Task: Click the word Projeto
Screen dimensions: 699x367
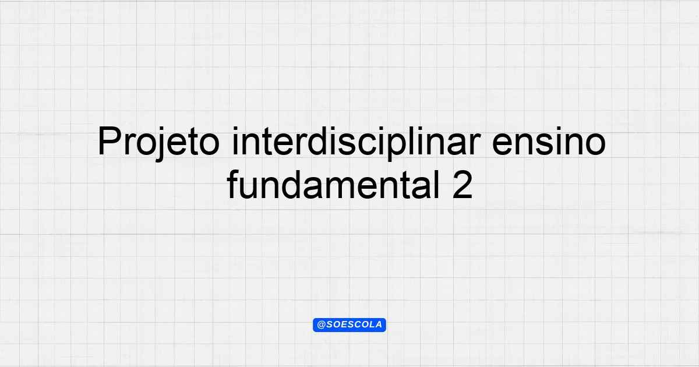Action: point(158,142)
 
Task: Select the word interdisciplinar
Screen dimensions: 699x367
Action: point(356,143)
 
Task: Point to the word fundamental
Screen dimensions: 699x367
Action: point(333,184)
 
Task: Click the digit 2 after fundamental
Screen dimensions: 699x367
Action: point(463,184)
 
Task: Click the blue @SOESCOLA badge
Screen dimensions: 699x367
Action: point(349,325)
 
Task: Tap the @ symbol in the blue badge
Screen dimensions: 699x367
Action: point(322,325)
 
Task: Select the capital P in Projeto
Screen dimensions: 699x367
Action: point(110,141)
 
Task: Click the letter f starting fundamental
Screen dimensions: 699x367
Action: point(233,184)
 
